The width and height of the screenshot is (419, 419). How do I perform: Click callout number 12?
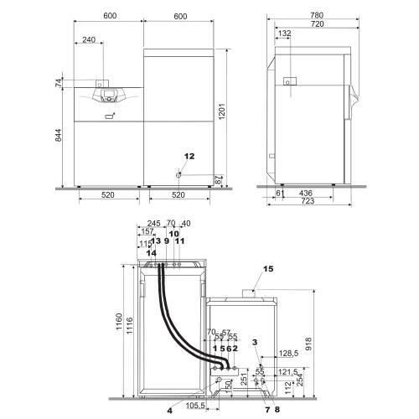189,156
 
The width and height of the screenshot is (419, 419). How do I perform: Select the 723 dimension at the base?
308,203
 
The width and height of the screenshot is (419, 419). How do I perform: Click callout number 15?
268,270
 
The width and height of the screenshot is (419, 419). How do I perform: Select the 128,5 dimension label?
287,354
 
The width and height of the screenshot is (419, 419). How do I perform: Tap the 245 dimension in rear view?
151,224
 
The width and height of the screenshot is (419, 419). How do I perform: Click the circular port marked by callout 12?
181,173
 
